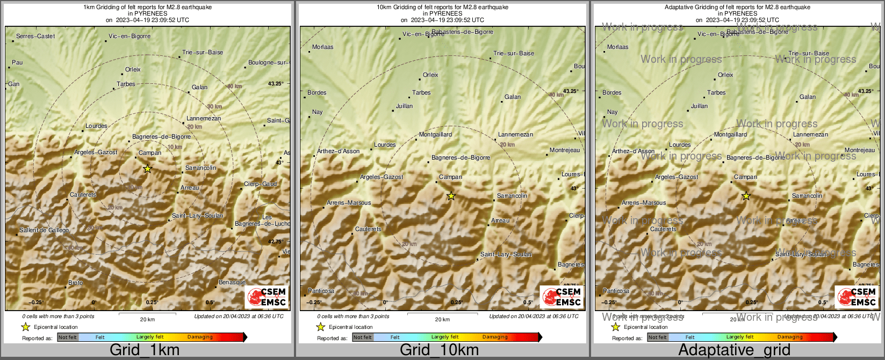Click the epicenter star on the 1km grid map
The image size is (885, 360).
pos(148,169)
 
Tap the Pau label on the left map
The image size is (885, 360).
pos(17,63)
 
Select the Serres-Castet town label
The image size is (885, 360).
pos(35,37)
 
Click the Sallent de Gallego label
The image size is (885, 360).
pos(44,231)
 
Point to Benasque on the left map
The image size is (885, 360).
pos(232,283)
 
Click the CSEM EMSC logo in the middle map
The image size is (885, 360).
pos(562,297)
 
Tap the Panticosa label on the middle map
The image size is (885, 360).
pos(321,291)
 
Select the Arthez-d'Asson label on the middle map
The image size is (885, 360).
pos(339,152)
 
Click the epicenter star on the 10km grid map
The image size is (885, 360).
pos(451,196)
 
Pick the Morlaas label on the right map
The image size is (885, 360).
pos(617,47)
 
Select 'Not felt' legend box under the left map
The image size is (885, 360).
pos(68,337)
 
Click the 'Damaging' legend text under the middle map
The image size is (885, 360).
pos(495,337)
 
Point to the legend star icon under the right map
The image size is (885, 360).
pos(615,327)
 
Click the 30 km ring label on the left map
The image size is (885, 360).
pos(214,107)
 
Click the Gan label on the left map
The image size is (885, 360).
pos(14,84)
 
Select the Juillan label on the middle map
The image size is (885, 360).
pos(404,106)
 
